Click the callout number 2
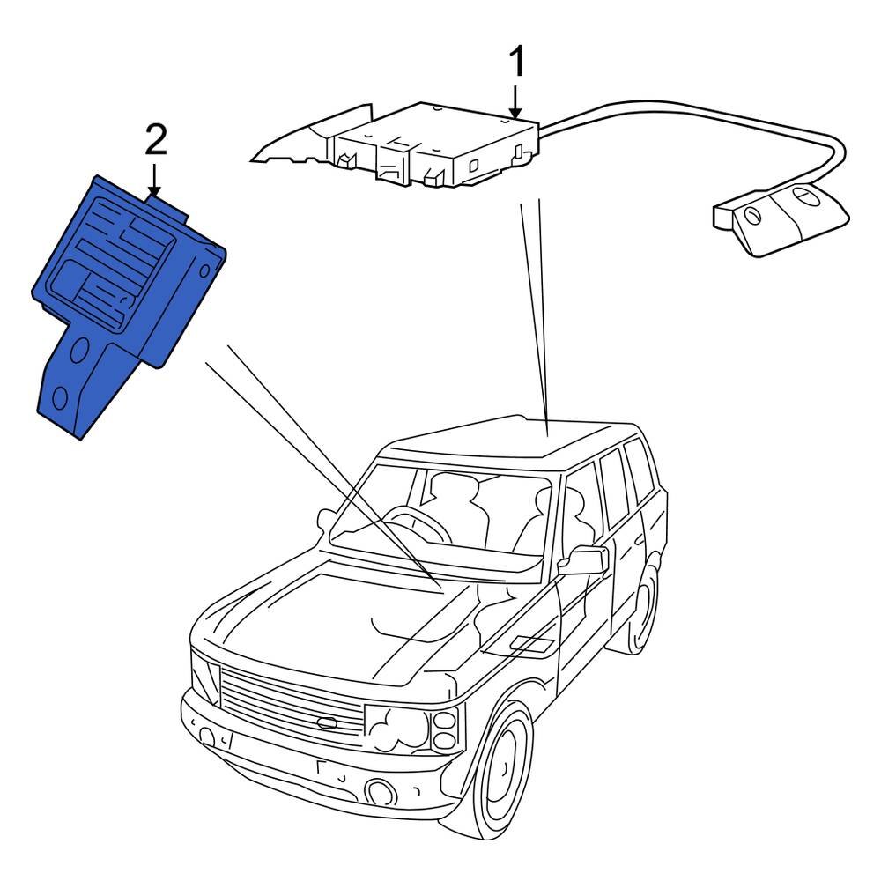[x=155, y=139]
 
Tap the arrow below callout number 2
[x=155, y=179]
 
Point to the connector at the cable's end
[x=780, y=220]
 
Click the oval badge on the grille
[x=327, y=723]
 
